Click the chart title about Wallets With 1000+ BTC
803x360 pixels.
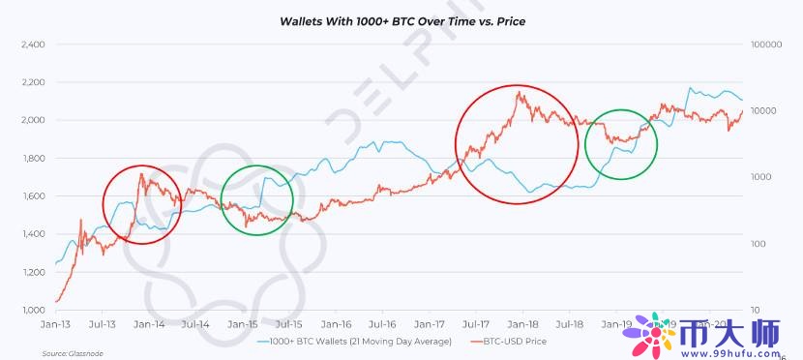pos(401,19)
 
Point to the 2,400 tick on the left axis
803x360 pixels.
pos(32,45)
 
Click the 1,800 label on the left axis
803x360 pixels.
pos(32,159)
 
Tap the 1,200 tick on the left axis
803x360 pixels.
pos(32,273)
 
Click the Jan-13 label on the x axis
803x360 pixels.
pos(56,325)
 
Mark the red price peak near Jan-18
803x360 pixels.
pos(520,93)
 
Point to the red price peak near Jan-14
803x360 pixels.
pos(141,175)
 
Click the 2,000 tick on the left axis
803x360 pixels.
pos(32,121)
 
